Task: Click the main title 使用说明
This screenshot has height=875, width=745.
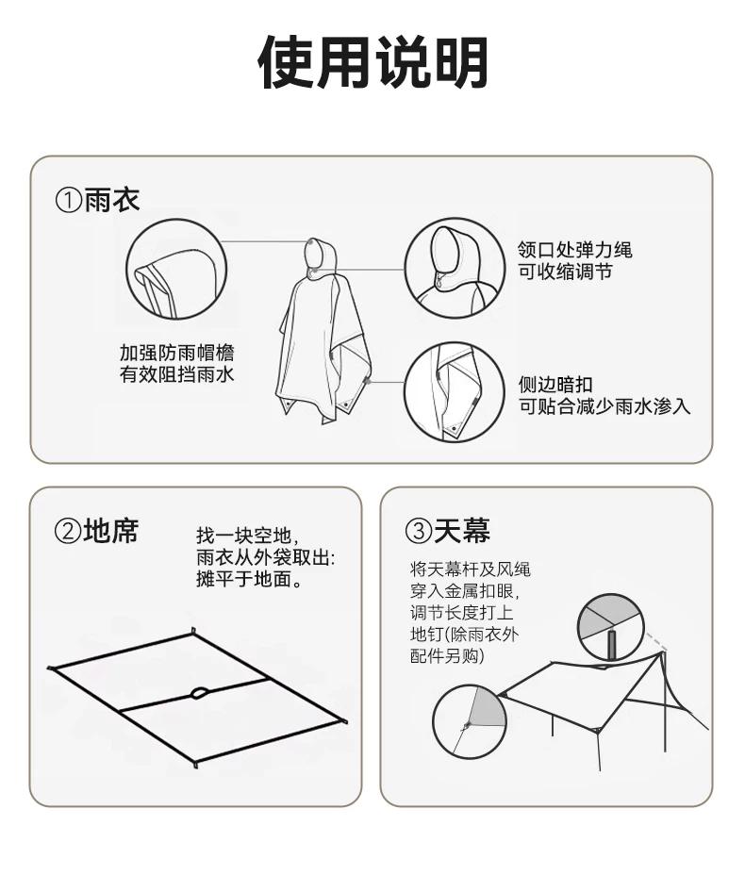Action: click(372, 62)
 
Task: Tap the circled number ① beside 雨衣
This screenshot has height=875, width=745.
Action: click(69, 200)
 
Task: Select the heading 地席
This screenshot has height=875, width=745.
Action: click(111, 530)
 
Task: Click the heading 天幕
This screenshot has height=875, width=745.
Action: click(462, 530)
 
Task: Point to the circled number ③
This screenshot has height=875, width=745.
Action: click(419, 531)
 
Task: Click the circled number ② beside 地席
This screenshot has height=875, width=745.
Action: click(68, 531)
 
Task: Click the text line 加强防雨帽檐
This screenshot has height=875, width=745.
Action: click(177, 353)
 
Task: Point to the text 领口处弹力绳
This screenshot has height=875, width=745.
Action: click(575, 250)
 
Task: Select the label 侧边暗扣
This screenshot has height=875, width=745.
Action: click(555, 385)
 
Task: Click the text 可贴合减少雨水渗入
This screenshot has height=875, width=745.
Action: click(604, 406)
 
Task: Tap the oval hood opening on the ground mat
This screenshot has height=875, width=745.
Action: click(200, 694)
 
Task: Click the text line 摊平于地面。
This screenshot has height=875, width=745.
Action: click(250, 579)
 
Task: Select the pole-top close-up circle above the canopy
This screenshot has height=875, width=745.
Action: click(610, 627)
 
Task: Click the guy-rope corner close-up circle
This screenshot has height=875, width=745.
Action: click(470, 722)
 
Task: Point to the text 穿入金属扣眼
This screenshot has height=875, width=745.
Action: click(465, 591)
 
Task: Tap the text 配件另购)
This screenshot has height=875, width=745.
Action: click(447, 655)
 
